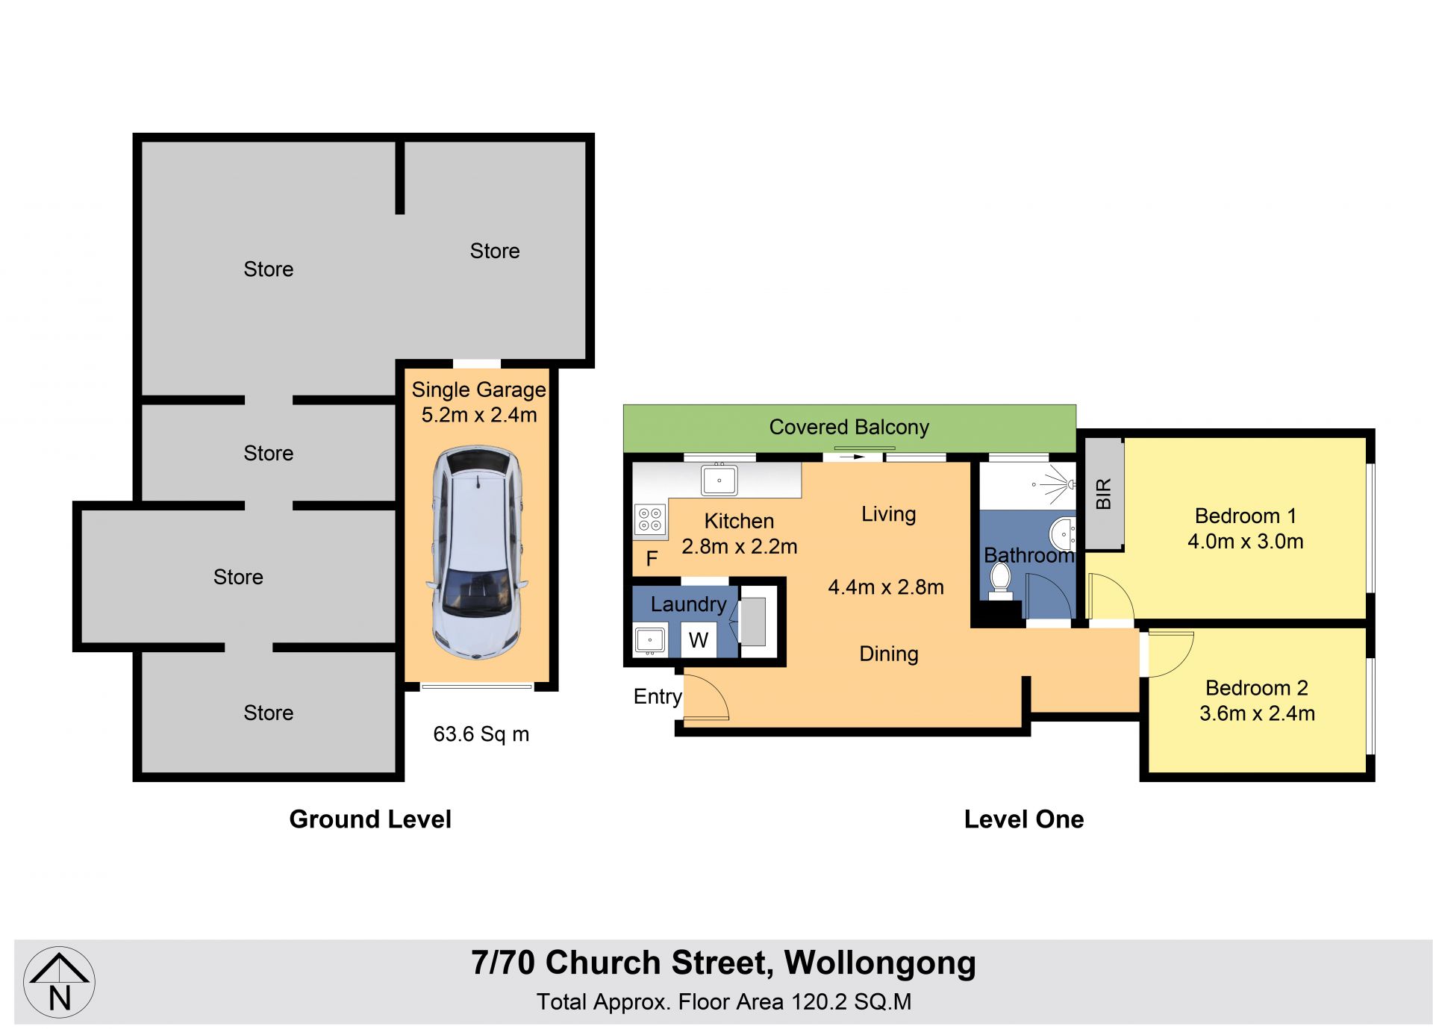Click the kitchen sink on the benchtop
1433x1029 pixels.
click(719, 480)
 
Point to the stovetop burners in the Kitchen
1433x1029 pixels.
click(650, 519)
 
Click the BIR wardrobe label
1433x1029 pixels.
click(1103, 494)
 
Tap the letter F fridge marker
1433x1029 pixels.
click(652, 558)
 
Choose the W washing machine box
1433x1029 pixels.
click(699, 639)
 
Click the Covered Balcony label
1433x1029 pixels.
click(849, 427)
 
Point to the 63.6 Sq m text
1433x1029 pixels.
click(481, 734)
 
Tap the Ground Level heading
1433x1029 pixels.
click(370, 819)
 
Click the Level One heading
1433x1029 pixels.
click(1024, 819)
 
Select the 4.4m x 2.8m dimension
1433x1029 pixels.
click(886, 587)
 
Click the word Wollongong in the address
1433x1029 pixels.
click(880, 963)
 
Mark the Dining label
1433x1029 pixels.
click(889, 654)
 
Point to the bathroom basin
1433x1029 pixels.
click(1063, 534)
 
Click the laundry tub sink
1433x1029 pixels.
click(650, 640)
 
